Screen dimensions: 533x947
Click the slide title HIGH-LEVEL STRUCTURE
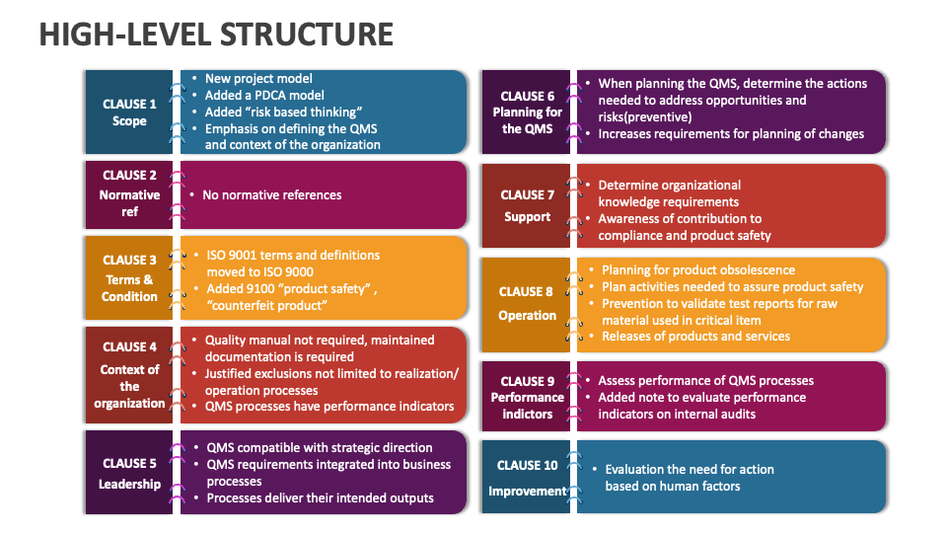click(216, 34)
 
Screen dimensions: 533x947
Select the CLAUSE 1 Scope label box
click(129, 113)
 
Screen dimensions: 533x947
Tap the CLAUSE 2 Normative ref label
click(129, 193)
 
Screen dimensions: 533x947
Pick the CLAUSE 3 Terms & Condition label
click(129, 277)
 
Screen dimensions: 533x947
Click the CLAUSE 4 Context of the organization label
click(129, 374)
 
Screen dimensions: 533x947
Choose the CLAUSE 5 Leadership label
click(129, 473)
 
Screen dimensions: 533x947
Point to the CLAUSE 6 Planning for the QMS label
click(527, 113)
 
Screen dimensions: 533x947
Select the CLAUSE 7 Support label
click(527, 205)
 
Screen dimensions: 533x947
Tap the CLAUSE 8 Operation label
click(527, 304)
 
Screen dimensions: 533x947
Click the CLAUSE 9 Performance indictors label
click(527, 397)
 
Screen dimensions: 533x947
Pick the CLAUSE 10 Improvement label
click(527, 478)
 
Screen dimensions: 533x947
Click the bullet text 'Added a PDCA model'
click(263, 95)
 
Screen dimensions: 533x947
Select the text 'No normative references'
click(272, 194)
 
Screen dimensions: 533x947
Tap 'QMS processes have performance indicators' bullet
click(329, 406)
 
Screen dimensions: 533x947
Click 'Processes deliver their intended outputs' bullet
click(320, 497)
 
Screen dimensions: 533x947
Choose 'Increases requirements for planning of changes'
click(731, 133)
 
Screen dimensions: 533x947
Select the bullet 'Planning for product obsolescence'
click(698, 269)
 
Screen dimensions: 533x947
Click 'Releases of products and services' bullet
click(695, 337)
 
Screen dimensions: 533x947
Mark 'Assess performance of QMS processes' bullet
click(705, 380)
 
